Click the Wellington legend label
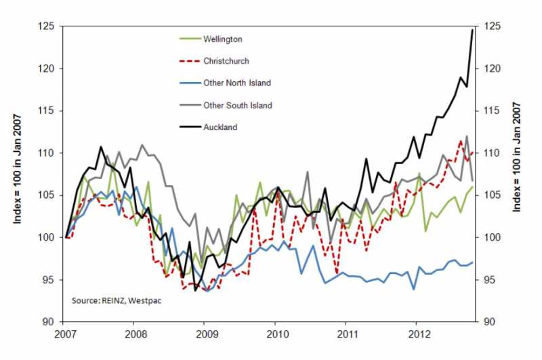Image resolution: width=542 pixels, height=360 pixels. coord(222,39)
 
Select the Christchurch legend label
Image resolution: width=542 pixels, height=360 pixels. coord(226,61)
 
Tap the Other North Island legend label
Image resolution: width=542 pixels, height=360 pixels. coord(237,83)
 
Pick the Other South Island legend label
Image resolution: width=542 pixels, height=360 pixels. coord(237,105)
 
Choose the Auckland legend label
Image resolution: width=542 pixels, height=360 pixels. coord(220,127)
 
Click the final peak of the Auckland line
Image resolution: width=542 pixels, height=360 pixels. coord(472,30)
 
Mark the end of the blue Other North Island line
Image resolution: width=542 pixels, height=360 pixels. coord(472,262)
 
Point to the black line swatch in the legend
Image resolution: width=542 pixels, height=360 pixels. coord(188,127)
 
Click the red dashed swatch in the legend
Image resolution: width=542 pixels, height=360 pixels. coord(188,61)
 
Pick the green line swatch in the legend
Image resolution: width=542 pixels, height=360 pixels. coord(188,39)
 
